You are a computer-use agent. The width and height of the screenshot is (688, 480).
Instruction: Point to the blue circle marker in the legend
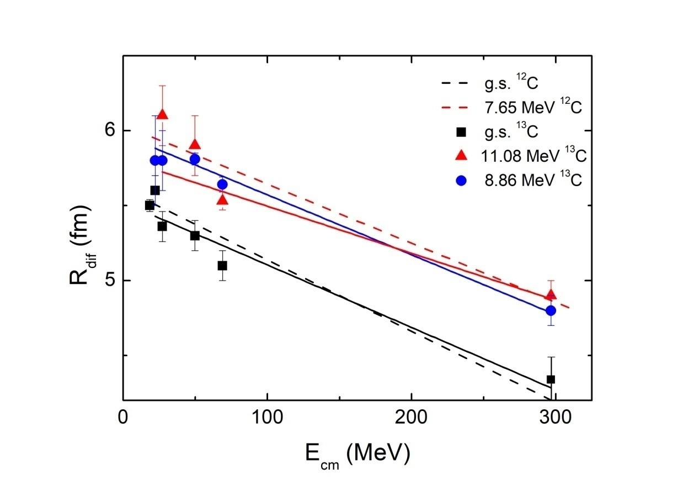click(x=462, y=181)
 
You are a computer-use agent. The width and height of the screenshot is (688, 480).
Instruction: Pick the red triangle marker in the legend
click(x=462, y=156)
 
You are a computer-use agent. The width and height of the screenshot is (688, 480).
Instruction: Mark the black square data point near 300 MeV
click(x=551, y=379)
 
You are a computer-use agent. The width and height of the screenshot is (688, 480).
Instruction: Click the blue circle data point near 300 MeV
click(x=551, y=310)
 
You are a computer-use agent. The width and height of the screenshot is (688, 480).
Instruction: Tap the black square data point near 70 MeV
click(x=222, y=266)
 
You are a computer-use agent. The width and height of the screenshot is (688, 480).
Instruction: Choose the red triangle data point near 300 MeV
click(x=551, y=294)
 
